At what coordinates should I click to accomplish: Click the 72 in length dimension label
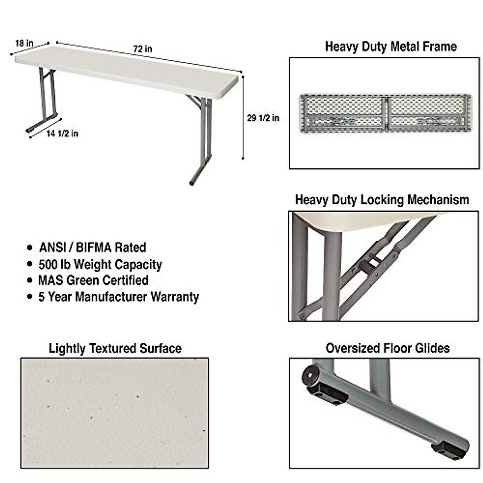pyautogui.click(x=143, y=49)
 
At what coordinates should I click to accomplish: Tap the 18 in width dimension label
pyautogui.click(x=24, y=43)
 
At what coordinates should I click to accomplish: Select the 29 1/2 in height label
pyautogui.click(x=263, y=118)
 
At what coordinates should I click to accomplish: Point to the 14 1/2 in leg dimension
pyautogui.click(x=62, y=134)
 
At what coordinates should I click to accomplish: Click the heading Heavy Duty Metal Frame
pyautogui.click(x=390, y=46)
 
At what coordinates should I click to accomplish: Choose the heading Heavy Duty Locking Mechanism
pyautogui.click(x=382, y=200)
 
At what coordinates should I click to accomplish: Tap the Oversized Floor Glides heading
pyautogui.click(x=388, y=348)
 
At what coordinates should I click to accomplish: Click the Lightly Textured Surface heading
pyautogui.click(x=115, y=348)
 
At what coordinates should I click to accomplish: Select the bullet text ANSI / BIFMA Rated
pyautogui.click(x=93, y=247)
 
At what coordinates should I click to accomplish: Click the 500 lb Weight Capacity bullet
pyautogui.click(x=100, y=264)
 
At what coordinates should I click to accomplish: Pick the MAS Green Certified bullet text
pyautogui.click(x=93, y=280)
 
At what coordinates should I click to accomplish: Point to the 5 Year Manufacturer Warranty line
pyautogui.click(x=118, y=297)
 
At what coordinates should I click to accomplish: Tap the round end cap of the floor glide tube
pyautogui.click(x=310, y=376)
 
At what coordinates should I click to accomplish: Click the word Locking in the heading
pyautogui.click(x=382, y=200)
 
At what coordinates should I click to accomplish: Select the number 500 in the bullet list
pyautogui.click(x=48, y=264)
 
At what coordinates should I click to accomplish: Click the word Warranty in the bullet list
pyautogui.click(x=175, y=297)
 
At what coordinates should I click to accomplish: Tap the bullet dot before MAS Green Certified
pyautogui.click(x=29, y=281)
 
